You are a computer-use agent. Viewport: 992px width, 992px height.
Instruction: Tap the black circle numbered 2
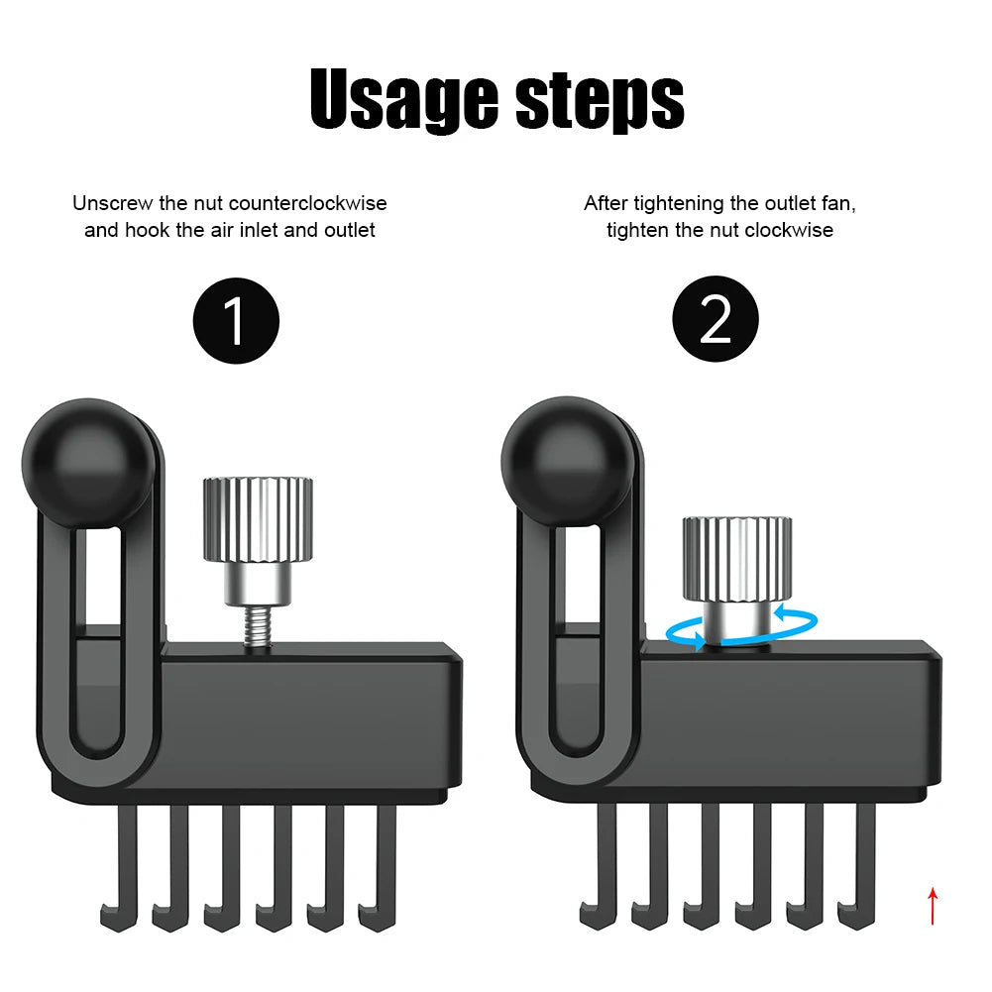715,319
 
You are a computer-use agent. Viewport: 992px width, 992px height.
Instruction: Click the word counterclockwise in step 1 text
307,203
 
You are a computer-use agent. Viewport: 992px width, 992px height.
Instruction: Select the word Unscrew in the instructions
113,203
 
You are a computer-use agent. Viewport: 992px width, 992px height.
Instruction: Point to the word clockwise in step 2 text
790,230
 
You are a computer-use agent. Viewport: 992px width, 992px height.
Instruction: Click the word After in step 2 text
606,203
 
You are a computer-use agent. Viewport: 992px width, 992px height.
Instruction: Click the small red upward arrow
932,905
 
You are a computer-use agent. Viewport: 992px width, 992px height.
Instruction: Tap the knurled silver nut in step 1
258,518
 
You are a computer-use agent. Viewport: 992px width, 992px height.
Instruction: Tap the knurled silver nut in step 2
736,558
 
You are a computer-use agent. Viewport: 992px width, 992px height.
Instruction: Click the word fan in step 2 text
837,203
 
